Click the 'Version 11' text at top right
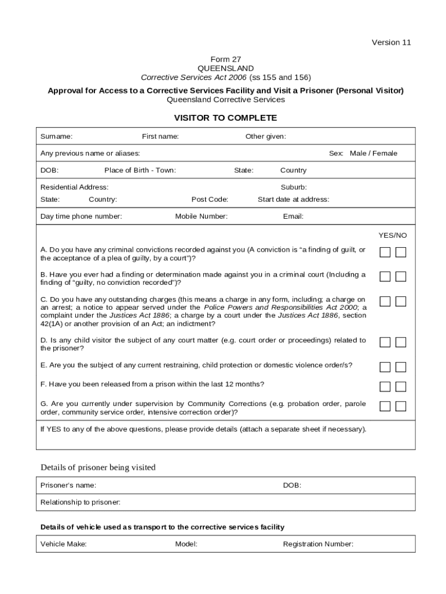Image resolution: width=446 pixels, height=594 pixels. [391, 42]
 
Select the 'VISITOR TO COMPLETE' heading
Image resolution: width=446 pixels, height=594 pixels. [225, 118]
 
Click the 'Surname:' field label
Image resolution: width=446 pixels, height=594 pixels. [56, 136]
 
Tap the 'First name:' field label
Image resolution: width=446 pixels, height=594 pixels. [160, 136]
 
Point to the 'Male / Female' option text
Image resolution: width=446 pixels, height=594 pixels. [374, 153]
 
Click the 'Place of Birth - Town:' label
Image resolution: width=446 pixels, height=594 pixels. [140, 170]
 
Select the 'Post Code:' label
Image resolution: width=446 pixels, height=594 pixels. [210, 199]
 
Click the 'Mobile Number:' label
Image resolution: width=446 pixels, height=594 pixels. [201, 216]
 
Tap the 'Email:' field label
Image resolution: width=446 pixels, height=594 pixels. [293, 216]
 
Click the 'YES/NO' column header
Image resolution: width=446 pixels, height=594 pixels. [393, 235]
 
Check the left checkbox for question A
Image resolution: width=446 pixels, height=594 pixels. [385, 252]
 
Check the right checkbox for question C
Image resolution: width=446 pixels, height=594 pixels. [401, 301]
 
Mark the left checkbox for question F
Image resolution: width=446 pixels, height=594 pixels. [385, 386]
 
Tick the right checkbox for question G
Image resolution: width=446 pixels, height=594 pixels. [401, 406]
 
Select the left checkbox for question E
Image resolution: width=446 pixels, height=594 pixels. [385, 367]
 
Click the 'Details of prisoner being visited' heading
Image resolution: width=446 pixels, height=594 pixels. [98, 468]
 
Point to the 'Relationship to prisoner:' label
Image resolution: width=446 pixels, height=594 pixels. [81, 502]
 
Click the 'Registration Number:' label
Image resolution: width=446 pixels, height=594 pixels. [318, 544]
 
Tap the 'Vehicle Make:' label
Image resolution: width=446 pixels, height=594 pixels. [64, 544]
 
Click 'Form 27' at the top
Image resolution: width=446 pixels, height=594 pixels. [225, 59]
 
